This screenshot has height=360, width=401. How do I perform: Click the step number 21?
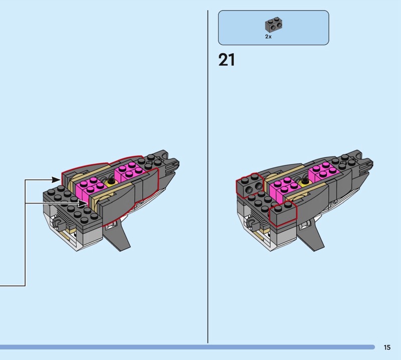(227, 60)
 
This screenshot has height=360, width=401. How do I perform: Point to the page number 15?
(387, 347)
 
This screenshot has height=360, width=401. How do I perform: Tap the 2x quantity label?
(268, 37)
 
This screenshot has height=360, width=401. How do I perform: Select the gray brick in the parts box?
(274, 25)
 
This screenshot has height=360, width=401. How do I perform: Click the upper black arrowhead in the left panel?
(56, 179)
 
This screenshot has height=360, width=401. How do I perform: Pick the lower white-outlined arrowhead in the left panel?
(83, 204)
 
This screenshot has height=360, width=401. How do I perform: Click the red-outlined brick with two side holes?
(250, 185)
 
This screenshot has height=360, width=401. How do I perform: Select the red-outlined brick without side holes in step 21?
(283, 214)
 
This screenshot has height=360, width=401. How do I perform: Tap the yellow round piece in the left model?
(111, 182)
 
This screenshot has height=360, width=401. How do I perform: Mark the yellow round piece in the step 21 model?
(305, 182)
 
